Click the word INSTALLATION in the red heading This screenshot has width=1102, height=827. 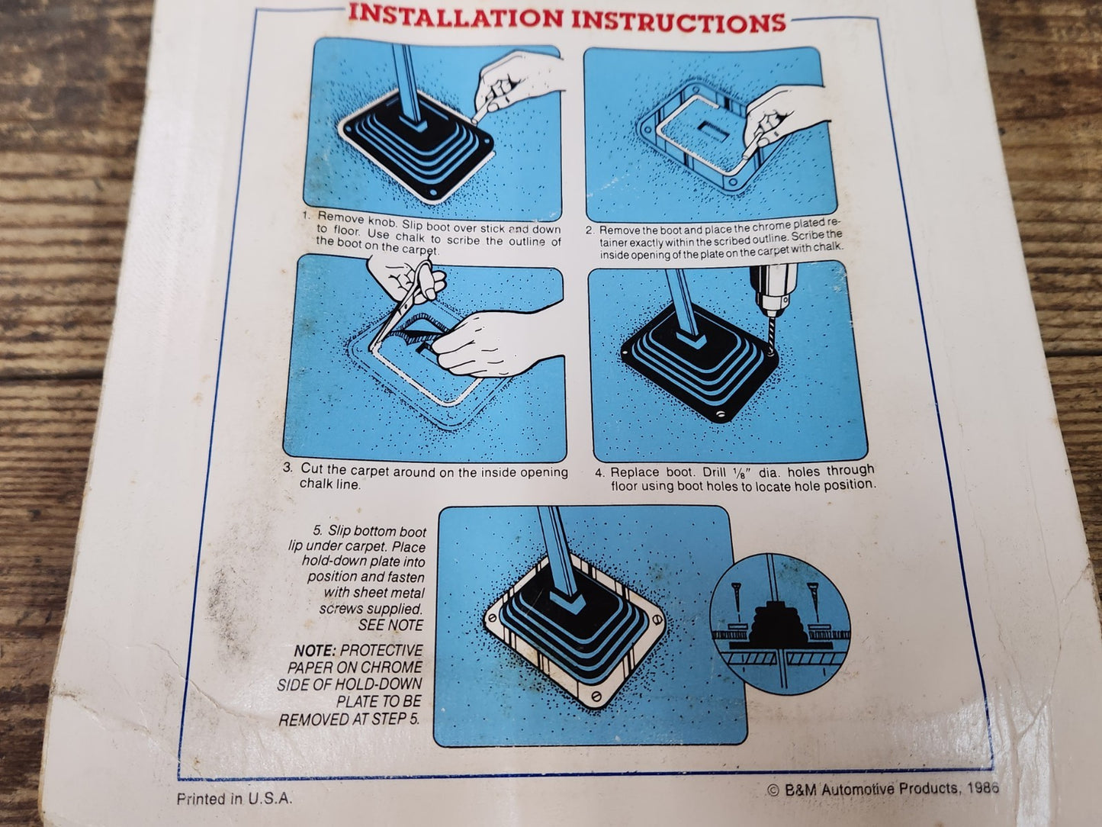click(455, 17)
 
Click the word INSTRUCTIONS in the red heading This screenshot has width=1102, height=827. click(678, 21)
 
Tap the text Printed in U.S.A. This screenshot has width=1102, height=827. click(234, 799)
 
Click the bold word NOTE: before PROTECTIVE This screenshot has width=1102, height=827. click(314, 651)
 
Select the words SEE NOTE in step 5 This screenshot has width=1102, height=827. click(390, 625)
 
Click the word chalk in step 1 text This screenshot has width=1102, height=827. click(411, 237)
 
